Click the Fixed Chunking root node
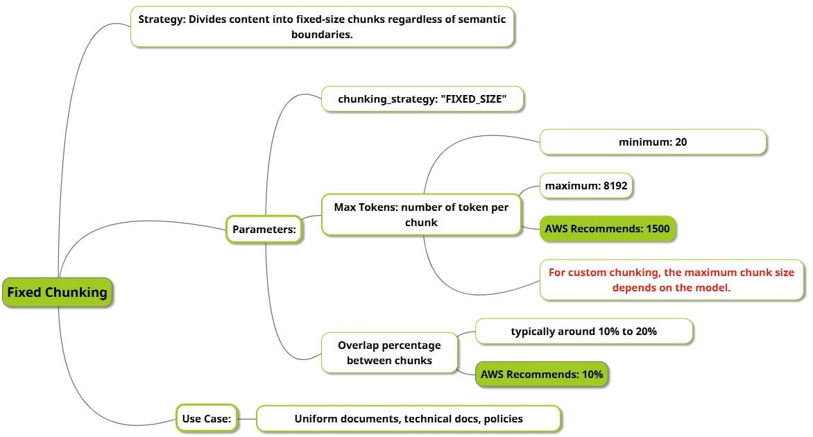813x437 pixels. click(x=57, y=292)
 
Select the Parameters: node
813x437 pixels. click(x=264, y=229)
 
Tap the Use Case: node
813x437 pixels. click(x=207, y=418)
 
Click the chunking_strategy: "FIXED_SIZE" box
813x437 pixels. click(x=422, y=99)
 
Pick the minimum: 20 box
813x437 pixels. click(x=653, y=142)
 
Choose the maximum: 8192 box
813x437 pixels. click(x=586, y=186)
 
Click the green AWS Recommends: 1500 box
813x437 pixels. click(x=608, y=229)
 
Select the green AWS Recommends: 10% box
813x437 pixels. click(x=542, y=375)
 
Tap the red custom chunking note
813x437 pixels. click(x=671, y=280)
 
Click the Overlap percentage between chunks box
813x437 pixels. click(x=389, y=352)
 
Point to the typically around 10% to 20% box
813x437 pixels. click(x=584, y=332)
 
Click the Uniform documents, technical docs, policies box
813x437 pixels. click(x=409, y=418)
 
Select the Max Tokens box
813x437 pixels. click(x=421, y=214)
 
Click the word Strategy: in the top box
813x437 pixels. click(x=161, y=19)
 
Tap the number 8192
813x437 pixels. click(x=615, y=186)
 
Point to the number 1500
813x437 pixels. click(x=658, y=229)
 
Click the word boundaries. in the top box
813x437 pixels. click(x=322, y=35)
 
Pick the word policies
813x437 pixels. click(x=504, y=419)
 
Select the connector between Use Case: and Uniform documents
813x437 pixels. click(x=247, y=418)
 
